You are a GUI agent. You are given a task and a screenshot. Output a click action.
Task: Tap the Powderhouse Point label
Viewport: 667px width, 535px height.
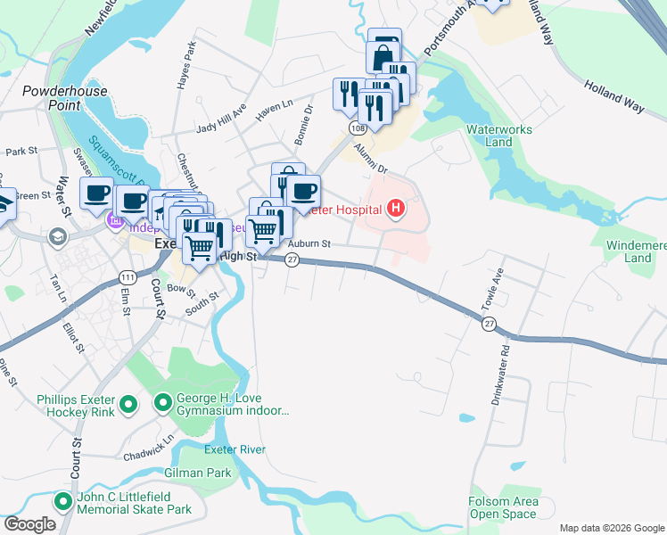click(x=65, y=98)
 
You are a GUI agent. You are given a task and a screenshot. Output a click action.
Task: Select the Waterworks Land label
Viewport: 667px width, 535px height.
click(x=499, y=136)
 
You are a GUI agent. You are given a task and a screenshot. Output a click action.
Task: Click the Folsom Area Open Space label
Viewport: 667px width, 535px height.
click(x=503, y=507)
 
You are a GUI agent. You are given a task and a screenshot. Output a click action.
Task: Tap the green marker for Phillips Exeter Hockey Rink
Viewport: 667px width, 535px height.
click(x=128, y=405)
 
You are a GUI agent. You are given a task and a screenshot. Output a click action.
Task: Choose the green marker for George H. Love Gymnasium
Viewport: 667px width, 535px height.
click(x=163, y=405)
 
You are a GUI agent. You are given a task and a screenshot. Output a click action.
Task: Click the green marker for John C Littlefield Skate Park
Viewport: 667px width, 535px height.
click(x=63, y=502)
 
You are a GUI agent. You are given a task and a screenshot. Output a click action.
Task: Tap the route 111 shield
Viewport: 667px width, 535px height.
click(x=128, y=277)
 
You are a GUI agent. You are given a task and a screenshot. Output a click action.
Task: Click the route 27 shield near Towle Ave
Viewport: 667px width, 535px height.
click(x=489, y=325)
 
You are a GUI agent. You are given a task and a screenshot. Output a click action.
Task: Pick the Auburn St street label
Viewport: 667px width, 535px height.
click(x=309, y=243)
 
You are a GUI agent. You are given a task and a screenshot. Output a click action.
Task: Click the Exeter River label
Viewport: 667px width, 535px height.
click(x=235, y=449)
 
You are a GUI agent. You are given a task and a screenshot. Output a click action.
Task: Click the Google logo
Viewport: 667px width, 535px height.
click(x=29, y=524)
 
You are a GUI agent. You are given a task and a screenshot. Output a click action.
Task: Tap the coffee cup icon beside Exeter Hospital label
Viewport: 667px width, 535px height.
click(x=303, y=191)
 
